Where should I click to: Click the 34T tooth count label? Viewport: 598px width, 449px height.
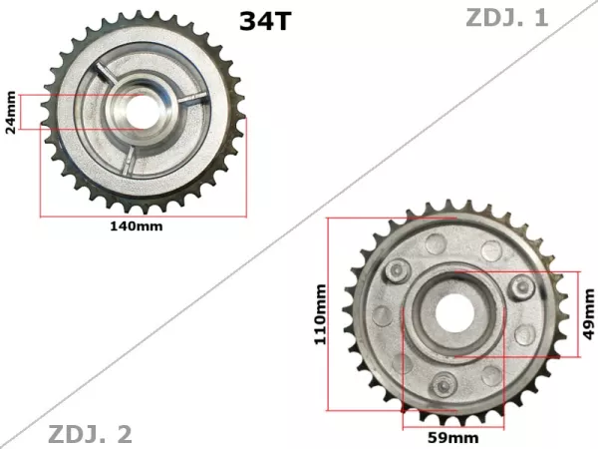pos(264,21)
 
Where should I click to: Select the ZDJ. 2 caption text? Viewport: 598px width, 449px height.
pos(90,434)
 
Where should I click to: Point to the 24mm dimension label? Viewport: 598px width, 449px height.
pos(11,112)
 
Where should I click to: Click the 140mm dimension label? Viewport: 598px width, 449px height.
pos(136,226)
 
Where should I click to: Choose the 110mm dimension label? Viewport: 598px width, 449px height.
pos(320,313)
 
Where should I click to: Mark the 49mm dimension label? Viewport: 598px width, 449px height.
pos(589,315)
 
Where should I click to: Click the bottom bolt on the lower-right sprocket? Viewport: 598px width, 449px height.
pos(445,380)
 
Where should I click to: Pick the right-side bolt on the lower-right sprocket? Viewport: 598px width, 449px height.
pos(519,287)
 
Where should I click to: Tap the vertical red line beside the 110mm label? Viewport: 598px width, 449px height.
pos(330,313)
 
